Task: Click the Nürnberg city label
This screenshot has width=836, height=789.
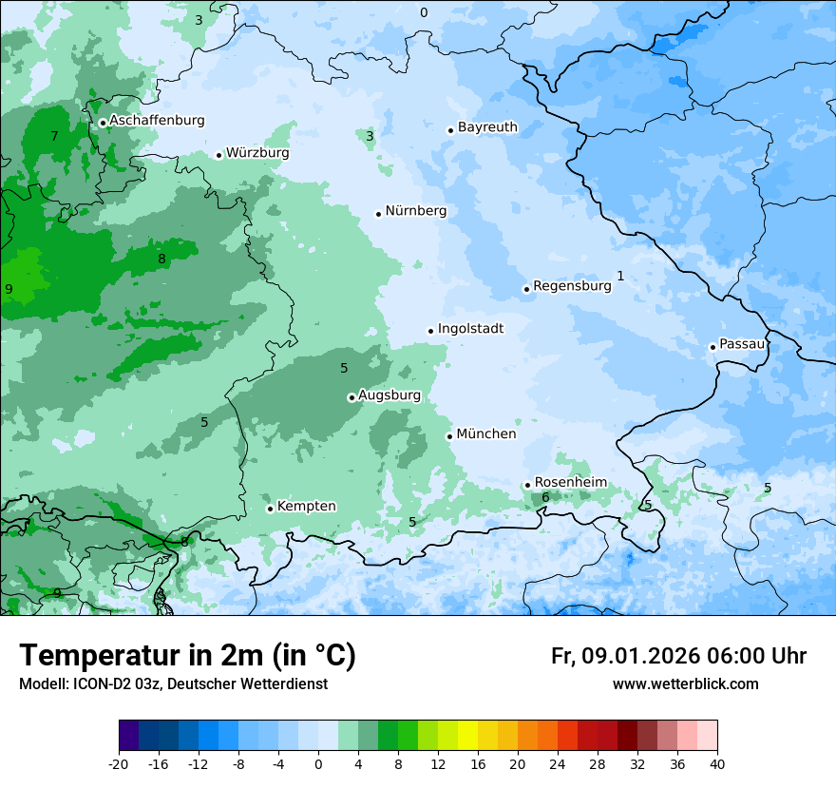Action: (415, 211)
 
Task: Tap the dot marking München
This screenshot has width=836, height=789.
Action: (449, 436)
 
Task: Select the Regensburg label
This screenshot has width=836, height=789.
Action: (572, 286)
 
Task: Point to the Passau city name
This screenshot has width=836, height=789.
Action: (742, 344)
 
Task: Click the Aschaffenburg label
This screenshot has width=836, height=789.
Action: (157, 121)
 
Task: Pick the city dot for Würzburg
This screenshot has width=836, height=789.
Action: (218, 155)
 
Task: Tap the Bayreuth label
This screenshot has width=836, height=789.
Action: (487, 127)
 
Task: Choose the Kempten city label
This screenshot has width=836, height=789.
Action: (306, 507)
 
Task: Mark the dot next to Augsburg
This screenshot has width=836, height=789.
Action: (351, 397)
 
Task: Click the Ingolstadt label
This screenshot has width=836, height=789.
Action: (470, 329)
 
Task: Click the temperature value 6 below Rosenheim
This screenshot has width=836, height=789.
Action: (545, 497)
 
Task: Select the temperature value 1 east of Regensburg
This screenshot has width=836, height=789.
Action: (620, 276)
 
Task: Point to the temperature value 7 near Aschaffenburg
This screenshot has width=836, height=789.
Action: (54, 136)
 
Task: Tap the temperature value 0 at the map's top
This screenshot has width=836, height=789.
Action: (424, 12)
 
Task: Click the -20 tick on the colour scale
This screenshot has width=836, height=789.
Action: (119, 763)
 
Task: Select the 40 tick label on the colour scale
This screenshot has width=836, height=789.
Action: (717, 763)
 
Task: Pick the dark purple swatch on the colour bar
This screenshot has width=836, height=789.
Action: (128, 735)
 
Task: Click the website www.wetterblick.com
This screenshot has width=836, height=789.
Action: (685, 683)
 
